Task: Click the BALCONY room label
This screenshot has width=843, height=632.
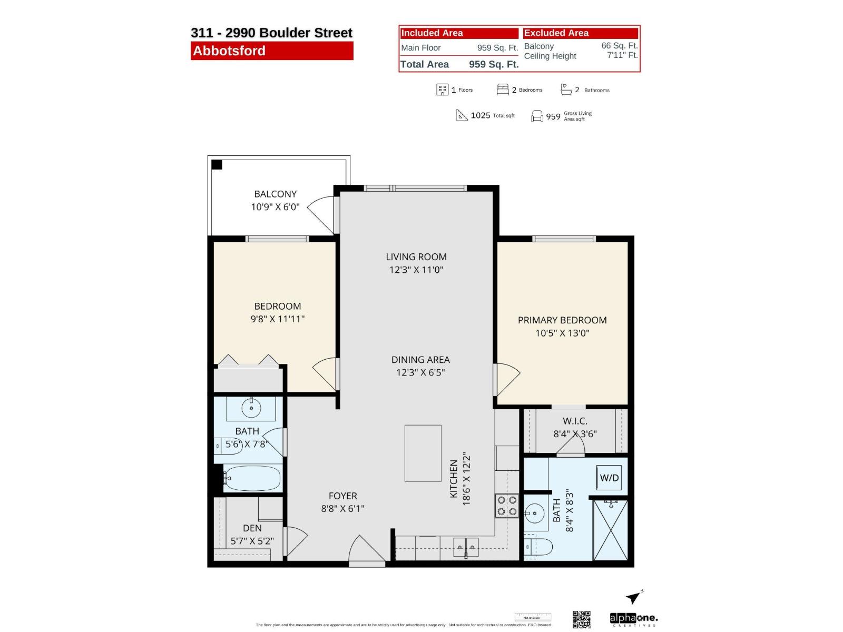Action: coord(275,194)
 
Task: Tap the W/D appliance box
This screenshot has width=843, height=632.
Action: coord(609,478)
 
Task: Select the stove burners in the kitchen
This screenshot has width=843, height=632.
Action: coord(507,506)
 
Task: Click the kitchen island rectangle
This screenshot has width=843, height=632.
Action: coord(423,453)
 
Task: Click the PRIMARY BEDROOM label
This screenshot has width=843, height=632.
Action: coord(562,320)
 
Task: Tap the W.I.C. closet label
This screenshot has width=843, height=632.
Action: coord(574,421)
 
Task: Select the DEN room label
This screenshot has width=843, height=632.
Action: coord(252,528)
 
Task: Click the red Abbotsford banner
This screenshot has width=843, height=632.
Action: coord(272,51)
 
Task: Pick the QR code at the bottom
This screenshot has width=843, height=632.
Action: coord(581,619)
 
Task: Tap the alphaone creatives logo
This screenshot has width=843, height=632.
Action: coord(633,619)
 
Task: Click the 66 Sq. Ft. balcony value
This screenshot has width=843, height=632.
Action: coord(619,46)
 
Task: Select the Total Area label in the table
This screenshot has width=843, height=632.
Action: coord(425,65)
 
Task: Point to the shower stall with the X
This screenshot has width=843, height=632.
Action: coord(611,530)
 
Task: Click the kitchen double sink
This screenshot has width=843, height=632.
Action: coord(466,547)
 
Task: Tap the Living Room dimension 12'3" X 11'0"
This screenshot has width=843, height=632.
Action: coord(416,270)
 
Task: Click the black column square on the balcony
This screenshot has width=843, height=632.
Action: coord(217,165)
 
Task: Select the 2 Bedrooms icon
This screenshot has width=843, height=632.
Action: coord(503,90)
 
